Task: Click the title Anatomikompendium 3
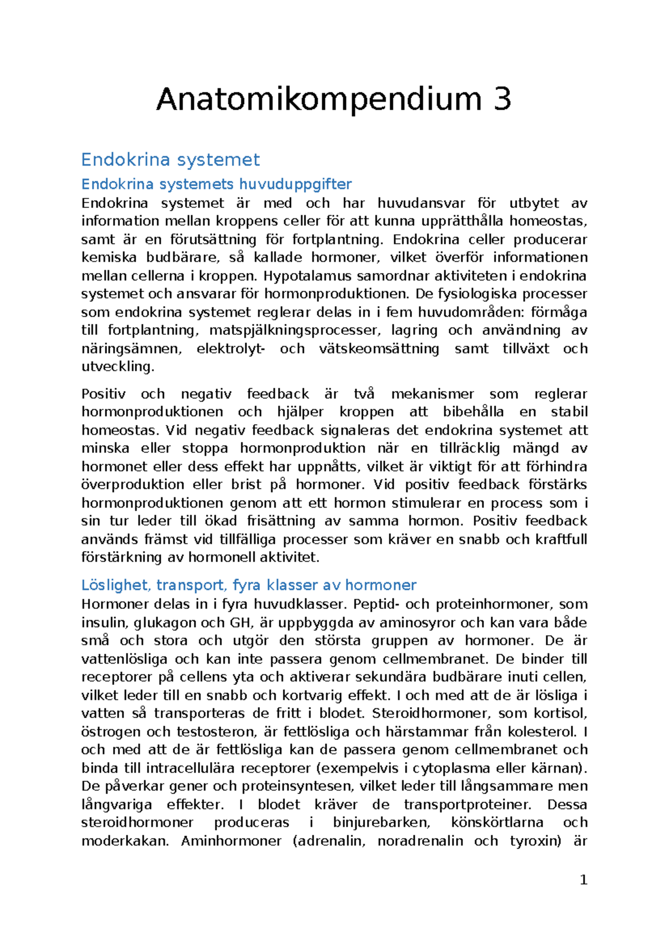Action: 333,99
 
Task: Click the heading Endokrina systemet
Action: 170,160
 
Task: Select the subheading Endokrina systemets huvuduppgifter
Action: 216,184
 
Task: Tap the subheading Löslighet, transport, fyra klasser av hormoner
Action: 249,585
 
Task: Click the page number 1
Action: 584,880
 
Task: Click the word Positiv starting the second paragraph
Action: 103,394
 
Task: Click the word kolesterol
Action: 544,732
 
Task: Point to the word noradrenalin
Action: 420,841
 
